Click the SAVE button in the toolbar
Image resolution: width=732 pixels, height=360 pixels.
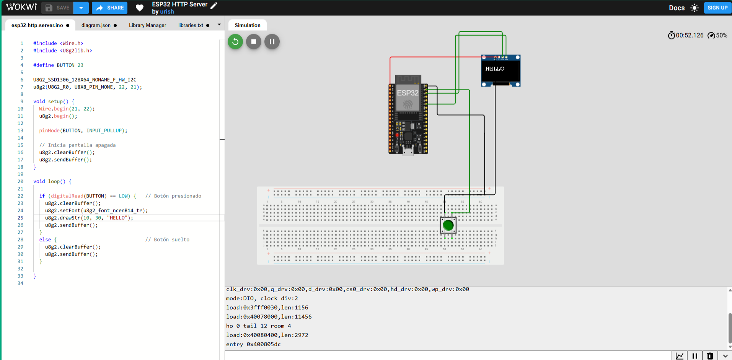[57, 8]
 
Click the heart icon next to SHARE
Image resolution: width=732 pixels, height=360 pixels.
[140, 8]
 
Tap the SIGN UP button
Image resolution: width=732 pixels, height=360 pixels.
[717, 8]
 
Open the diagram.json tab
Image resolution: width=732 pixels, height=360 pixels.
[96, 25]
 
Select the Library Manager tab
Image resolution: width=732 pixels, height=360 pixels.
[147, 25]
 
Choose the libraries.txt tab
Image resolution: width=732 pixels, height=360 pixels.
[191, 25]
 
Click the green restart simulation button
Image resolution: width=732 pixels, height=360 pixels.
[235, 41]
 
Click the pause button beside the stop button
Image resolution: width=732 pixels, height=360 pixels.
[272, 41]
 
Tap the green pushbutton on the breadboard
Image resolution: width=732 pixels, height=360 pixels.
[448, 225]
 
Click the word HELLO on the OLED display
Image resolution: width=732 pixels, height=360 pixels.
[495, 69]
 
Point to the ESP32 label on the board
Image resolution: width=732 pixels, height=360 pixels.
[408, 93]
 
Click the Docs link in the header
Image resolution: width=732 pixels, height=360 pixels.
[677, 8]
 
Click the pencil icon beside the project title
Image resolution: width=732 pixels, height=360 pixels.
[214, 5]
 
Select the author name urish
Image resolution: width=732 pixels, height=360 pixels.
[167, 11]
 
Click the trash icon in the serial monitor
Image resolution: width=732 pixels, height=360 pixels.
[710, 356]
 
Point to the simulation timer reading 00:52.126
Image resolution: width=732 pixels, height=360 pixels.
[689, 35]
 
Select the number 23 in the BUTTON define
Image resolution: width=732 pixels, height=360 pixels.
[80, 65]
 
